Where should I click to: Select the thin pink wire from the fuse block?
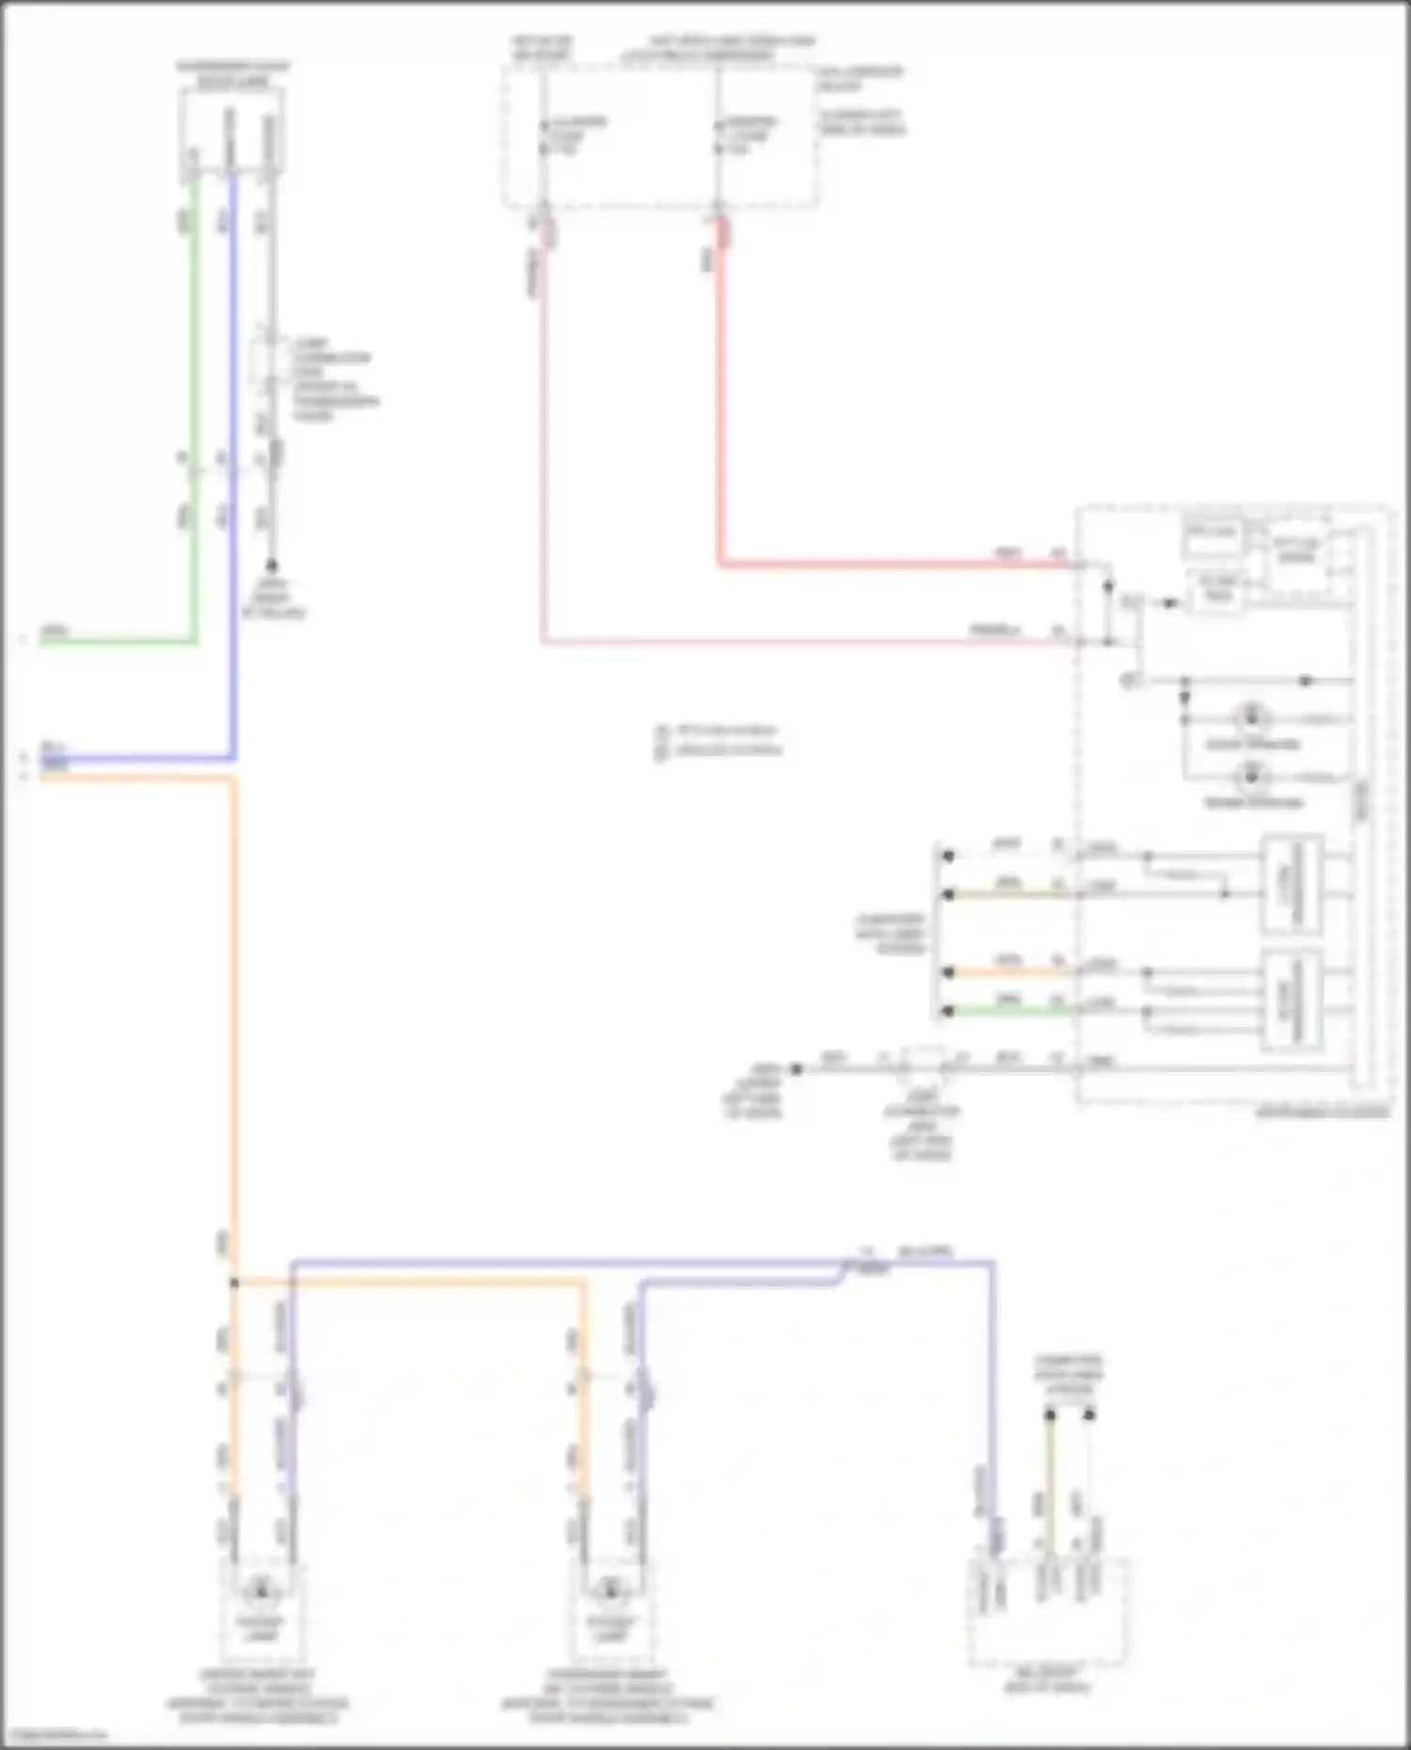point(543,470)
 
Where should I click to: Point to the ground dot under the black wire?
point(272,565)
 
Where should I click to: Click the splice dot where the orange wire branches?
point(234,1283)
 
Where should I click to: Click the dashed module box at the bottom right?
point(1047,1612)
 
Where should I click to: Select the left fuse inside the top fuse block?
point(544,137)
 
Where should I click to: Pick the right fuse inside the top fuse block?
point(719,137)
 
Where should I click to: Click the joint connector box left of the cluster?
point(924,1065)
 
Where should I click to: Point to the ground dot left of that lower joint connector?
point(796,1069)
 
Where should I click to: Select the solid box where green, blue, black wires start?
point(231,134)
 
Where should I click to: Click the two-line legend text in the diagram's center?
point(720,740)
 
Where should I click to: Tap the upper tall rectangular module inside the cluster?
point(1292,884)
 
